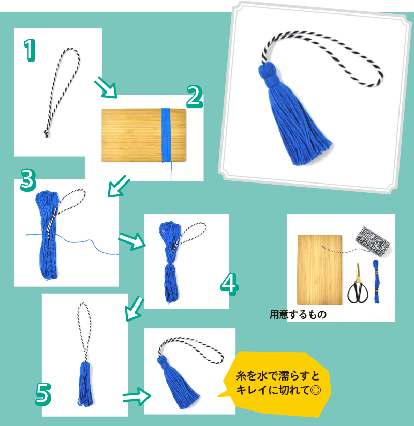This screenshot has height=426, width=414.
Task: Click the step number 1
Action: (x=29, y=50)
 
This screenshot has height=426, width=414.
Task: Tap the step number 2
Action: (x=195, y=97)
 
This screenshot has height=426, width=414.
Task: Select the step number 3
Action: (x=28, y=180)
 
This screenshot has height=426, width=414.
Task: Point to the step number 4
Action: (x=229, y=284)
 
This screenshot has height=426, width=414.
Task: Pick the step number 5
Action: (x=43, y=394)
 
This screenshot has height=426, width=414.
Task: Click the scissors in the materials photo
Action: (x=358, y=283)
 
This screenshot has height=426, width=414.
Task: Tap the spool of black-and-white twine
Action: (x=373, y=241)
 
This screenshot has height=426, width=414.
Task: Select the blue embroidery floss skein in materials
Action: (x=376, y=281)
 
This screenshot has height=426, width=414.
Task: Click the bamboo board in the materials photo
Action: (x=320, y=269)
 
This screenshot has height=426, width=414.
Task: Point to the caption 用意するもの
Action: (x=298, y=315)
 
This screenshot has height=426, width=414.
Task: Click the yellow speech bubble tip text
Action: (x=278, y=383)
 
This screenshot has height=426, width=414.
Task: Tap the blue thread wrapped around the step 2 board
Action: (x=166, y=135)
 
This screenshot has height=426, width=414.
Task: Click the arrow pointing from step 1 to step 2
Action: (x=106, y=87)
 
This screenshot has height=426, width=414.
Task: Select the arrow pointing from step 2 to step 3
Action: (x=119, y=186)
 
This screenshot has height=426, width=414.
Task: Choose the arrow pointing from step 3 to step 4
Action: (x=132, y=241)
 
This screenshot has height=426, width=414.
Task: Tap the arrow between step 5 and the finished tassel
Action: (x=137, y=397)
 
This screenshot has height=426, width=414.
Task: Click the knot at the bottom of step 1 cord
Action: (x=47, y=133)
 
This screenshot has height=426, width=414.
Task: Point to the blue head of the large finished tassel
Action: (x=269, y=73)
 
